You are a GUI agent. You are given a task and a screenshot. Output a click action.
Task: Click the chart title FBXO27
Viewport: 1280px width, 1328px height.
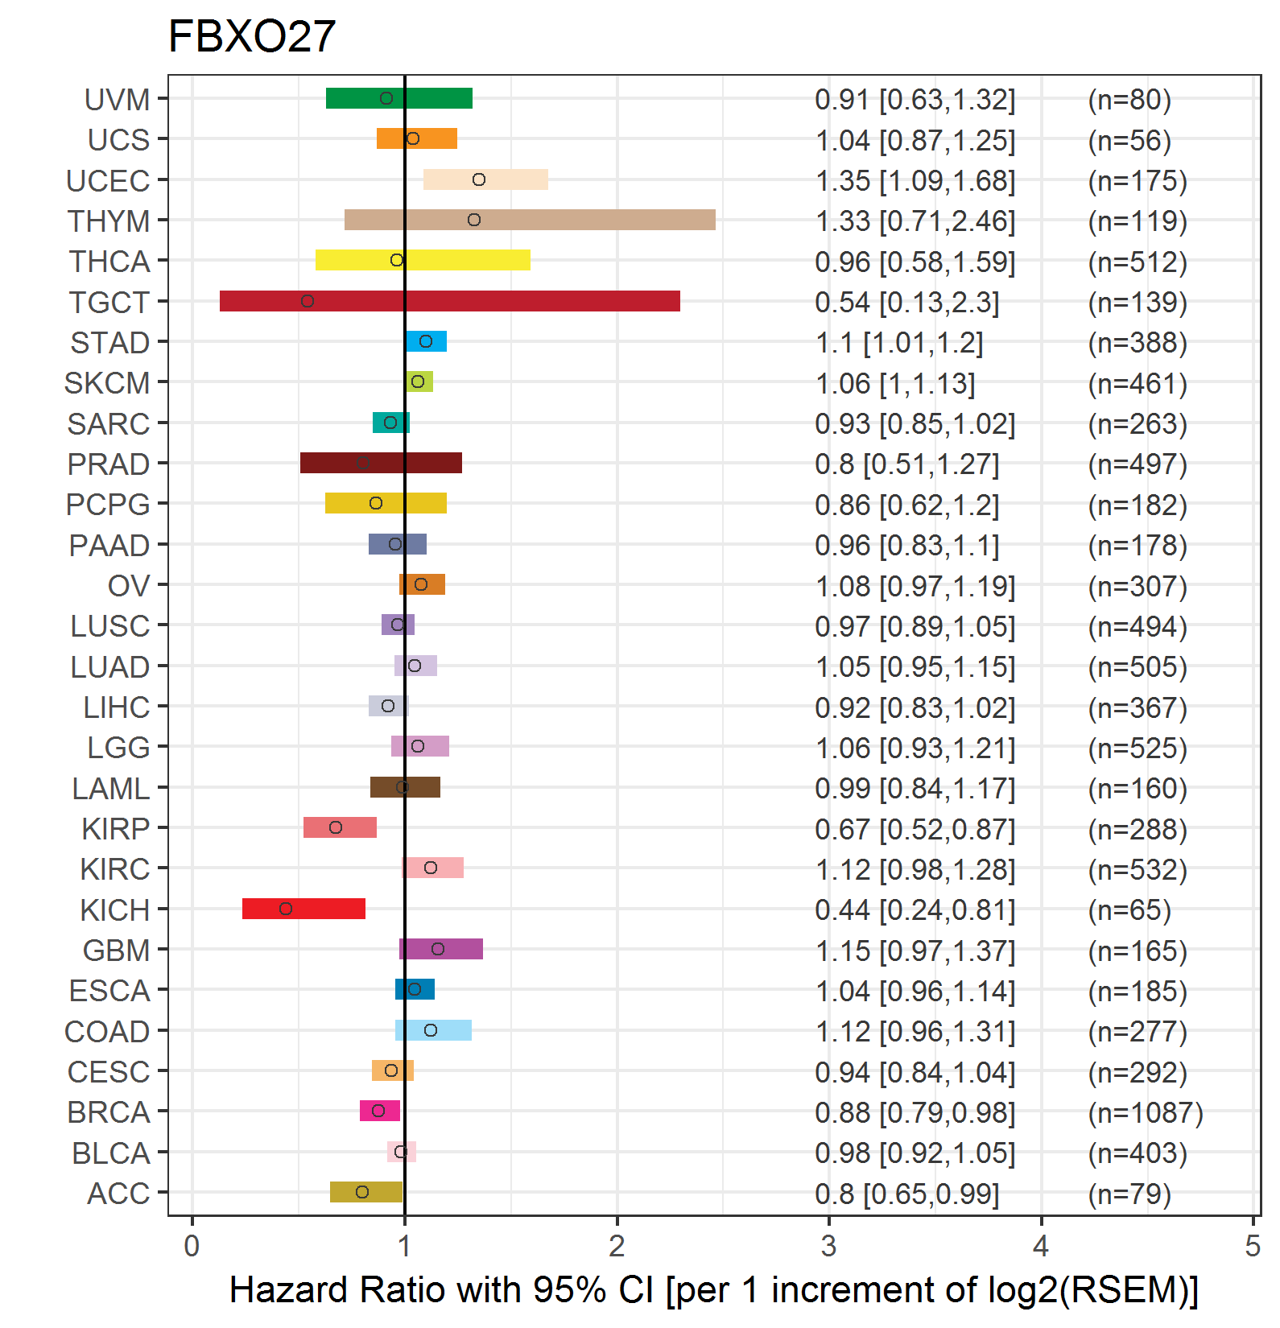coord(251,37)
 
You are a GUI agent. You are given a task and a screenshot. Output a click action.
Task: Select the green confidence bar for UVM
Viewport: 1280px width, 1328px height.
coord(398,98)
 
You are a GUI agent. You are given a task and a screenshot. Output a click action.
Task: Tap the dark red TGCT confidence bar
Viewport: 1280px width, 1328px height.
coord(450,301)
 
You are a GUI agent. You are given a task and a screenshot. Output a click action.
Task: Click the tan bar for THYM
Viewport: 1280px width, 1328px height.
coord(530,220)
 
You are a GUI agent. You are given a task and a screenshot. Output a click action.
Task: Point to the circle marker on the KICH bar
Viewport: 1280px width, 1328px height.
coord(286,909)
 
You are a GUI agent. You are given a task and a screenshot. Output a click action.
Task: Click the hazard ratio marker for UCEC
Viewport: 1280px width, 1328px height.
coord(479,179)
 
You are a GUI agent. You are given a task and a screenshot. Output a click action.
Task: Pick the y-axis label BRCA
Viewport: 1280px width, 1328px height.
coord(109,1112)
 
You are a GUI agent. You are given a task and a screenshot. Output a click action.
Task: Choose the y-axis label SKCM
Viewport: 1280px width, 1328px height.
coord(107,383)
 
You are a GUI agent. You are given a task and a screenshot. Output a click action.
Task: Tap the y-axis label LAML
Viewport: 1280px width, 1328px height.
coord(111,788)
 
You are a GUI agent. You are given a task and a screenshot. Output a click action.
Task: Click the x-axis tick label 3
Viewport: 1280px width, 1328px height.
coord(828,1246)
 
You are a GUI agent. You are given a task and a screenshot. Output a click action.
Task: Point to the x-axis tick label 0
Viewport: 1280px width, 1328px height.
coord(192,1246)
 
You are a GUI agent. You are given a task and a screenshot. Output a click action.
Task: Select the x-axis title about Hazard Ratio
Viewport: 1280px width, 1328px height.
coord(714,1290)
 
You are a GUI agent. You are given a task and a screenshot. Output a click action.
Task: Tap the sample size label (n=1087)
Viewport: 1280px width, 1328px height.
coord(1146,1112)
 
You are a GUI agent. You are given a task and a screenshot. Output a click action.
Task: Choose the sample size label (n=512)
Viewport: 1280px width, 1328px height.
coord(1138,262)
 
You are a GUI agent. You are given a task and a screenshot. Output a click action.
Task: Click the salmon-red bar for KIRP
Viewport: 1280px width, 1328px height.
coord(340,827)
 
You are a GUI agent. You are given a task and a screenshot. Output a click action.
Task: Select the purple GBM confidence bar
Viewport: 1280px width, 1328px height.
coord(441,949)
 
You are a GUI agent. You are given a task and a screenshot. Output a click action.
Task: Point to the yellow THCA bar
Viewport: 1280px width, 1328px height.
coord(423,260)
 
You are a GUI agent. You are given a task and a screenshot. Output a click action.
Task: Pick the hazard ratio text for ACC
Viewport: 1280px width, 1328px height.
coord(907,1194)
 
